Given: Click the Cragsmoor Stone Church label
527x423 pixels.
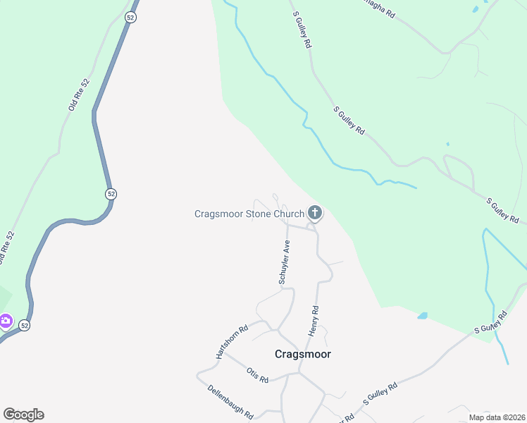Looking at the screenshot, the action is pos(249,213).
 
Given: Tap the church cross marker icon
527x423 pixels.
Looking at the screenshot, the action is pos(315,212).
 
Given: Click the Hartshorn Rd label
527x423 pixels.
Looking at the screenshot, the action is pos(232,341).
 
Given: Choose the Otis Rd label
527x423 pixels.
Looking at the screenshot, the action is pos(257,374).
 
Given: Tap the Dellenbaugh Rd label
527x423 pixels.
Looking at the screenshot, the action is pos(230,402).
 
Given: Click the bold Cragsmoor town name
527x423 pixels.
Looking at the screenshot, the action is pos(302,354).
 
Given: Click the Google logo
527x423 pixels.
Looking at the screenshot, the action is pos(23,415).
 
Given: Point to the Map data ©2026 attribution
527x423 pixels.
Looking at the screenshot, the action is pos(497,417).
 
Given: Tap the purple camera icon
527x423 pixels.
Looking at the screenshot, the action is pos(6,321).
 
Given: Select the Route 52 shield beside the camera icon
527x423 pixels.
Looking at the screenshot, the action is pos(24,325).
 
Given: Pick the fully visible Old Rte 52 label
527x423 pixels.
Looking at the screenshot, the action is pos(80,94).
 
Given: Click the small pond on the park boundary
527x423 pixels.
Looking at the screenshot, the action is pos(422,316).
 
